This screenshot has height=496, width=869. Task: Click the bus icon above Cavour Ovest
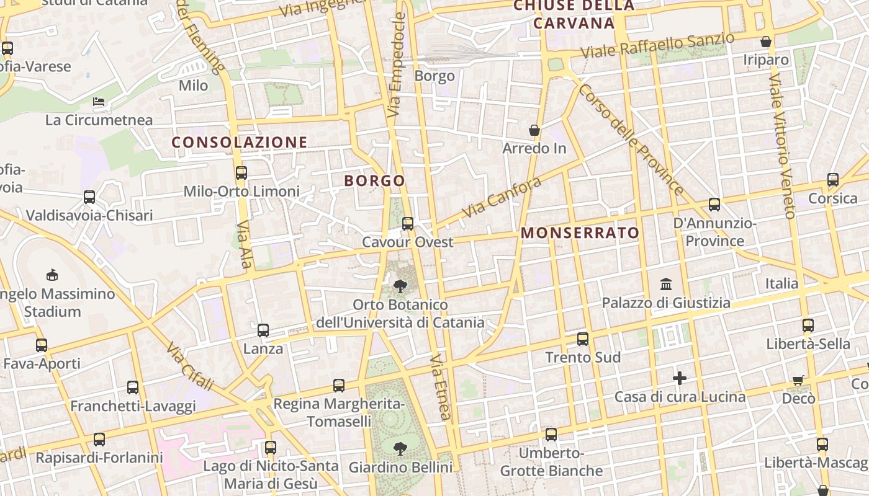pyautogui.click(x=408, y=224)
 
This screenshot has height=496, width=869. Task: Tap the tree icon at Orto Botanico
pyautogui.click(x=400, y=286)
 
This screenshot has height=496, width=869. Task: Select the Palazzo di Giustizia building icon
pyautogui.click(x=666, y=285)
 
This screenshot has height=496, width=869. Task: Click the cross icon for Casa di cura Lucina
pyautogui.click(x=680, y=378)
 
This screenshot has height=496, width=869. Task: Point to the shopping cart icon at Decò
pyautogui.click(x=798, y=380)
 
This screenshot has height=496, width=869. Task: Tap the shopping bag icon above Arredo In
pyautogui.click(x=534, y=130)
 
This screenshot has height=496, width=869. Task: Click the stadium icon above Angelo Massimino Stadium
pyautogui.click(x=52, y=275)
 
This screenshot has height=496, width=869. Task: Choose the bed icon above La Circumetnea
pyautogui.click(x=99, y=101)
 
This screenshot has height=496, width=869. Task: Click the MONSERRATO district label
pyautogui.click(x=580, y=233)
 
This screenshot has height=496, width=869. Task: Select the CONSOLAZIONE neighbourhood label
pyautogui.click(x=240, y=143)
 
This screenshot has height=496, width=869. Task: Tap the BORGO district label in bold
pyautogui.click(x=374, y=181)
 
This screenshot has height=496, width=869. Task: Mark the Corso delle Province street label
pyautogui.click(x=630, y=139)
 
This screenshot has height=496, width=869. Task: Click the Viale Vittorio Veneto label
pyautogui.click(x=781, y=146)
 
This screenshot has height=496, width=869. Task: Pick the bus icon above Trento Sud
pyautogui.click(x=582, y=339)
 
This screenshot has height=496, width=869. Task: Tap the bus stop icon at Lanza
pyautogui.click(x=263, y=330)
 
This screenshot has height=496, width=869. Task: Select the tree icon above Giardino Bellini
pyautogui.click(x=400, y=448)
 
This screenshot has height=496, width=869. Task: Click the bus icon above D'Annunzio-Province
pyautogui.click(x=714, y=204)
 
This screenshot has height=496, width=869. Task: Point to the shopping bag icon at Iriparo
pyautogui.click(x=767, y=42)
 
